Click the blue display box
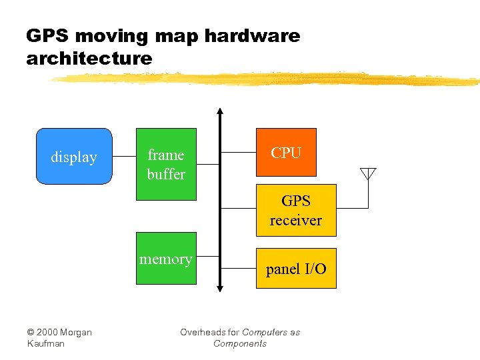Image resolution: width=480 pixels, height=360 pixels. click(x=73, y=156)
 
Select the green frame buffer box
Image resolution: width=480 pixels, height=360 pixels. click(x=166, y=164)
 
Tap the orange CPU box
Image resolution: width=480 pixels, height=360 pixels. click(x=286, y=153)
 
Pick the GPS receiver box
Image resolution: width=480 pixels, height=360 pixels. click(x=296, y=210)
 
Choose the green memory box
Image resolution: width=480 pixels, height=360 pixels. click(x=166, y=259)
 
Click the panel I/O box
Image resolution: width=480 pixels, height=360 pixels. click(x=296, y=268)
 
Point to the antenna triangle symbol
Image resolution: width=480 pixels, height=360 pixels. click(x=368, y=174)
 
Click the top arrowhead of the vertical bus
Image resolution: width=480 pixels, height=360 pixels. click(x=220, y=110)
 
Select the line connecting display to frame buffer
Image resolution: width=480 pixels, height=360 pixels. click(x=124, y=157)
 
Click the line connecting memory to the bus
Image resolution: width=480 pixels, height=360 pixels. click(x=208, y=256)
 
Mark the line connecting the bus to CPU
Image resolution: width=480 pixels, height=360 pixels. click(x=238, y=153)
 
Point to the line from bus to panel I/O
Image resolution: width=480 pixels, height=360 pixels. click(x=238, y=268)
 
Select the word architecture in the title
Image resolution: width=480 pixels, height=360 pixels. click(x=89, y=59)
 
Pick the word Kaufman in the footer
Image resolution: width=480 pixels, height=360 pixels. click(x=46, y=343)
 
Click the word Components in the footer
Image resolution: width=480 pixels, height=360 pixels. click(x=240, y=343)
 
